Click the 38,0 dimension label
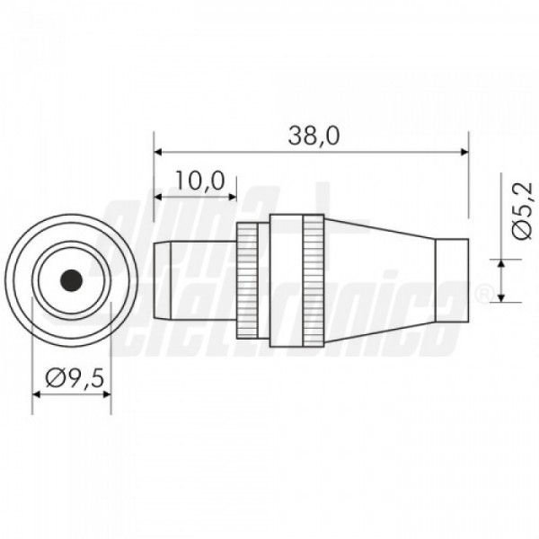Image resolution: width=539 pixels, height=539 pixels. point(314,136)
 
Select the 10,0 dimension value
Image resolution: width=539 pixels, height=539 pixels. point(200,181)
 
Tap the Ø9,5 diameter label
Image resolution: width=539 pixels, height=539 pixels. point(75,378)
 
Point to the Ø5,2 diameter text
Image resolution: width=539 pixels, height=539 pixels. point(522,211)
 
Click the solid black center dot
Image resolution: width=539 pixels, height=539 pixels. point(71,281)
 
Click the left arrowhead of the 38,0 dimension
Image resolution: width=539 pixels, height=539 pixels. point(158,152)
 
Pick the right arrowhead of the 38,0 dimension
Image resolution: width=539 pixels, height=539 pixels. point(464,152)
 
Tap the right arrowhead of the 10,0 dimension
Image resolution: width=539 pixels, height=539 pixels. point(233,197)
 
